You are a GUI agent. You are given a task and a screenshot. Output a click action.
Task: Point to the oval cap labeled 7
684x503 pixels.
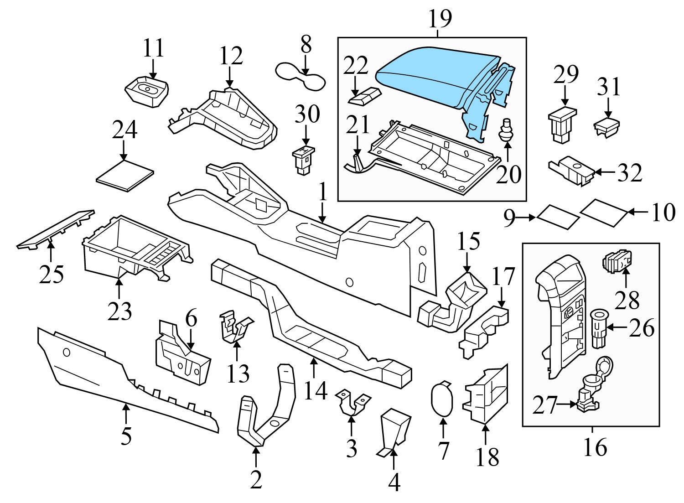click(441, 399)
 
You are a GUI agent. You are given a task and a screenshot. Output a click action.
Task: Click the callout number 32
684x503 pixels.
click(630, 172)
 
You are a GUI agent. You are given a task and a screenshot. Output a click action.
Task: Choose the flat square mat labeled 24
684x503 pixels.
click(125, 175)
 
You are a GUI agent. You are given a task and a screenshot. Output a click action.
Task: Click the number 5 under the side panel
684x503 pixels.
click(126, 436)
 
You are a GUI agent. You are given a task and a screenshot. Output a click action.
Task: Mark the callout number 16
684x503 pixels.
click(595, 447)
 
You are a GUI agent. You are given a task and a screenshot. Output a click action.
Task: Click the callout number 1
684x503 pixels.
click(323, 193)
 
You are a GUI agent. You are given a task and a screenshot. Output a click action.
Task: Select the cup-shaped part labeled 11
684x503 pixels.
click(146, 91)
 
